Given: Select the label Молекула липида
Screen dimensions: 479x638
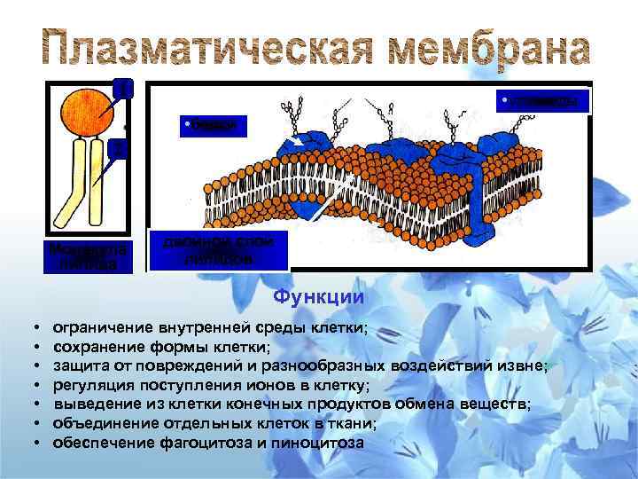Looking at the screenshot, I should point(89,255).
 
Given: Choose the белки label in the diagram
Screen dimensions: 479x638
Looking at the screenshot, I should point(213,126).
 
